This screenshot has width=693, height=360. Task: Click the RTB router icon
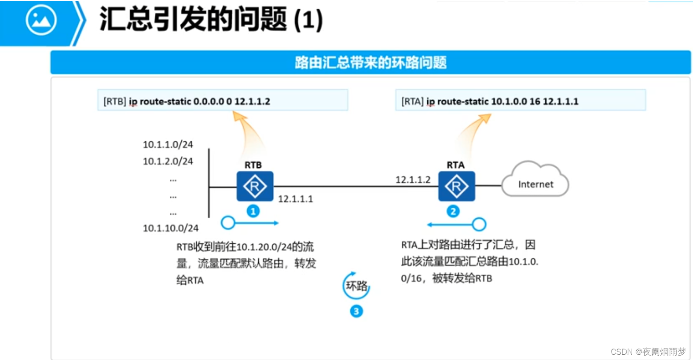pos(255,186)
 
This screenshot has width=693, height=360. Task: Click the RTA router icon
pos(456,186)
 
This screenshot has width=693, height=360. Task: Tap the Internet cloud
pos(535,180)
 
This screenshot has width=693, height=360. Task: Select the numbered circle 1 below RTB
pos(253,211)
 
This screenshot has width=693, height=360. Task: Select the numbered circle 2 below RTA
pos(453,211)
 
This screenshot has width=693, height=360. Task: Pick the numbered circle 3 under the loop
pos(356,312)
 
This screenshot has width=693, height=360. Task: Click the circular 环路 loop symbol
pos(356,286)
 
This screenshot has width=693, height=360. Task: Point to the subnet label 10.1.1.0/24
pos(168,144)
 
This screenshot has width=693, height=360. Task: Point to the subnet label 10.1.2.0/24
pos(168,162)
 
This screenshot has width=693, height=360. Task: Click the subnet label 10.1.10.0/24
pos(170,228)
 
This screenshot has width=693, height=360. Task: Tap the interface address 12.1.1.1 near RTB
pos(295,199)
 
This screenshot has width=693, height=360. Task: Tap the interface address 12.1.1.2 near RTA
pos(413,180)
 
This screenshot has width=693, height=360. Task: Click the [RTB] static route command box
pos(223,101)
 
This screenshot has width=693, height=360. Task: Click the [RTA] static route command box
pos(520,101)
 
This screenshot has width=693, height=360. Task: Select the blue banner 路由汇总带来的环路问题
pos(370,62)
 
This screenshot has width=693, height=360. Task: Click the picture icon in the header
pos(41,20)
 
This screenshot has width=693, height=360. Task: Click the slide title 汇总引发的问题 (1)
pos(211,19)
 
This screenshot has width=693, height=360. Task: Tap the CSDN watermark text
pos(648,352)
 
